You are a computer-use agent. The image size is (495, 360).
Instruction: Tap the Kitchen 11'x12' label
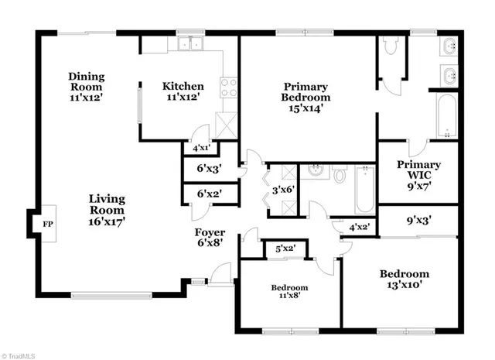[x=183, y=91]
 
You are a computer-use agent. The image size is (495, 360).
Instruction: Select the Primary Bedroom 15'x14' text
[x=306, y=98]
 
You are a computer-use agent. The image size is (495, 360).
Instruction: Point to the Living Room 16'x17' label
[x=107, y=209]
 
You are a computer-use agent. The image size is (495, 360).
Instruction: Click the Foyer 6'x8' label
[x=210, y=237]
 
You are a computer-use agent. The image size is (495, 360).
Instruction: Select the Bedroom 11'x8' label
[x=288, y=293]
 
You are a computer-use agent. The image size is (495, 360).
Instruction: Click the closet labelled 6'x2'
[x=209, y=194]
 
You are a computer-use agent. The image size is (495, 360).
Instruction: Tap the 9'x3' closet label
[x=418, y=220]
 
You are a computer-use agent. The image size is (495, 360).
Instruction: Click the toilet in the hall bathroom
[x=340, y=175]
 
